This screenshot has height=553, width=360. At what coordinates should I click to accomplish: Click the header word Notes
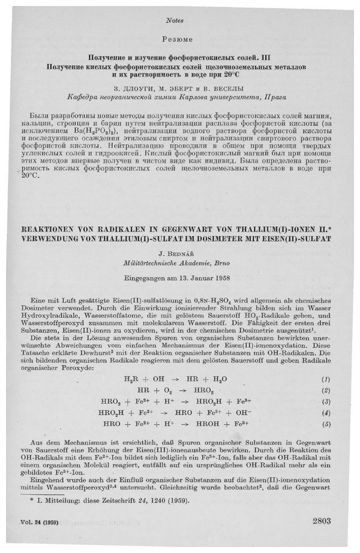pos(180,20)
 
